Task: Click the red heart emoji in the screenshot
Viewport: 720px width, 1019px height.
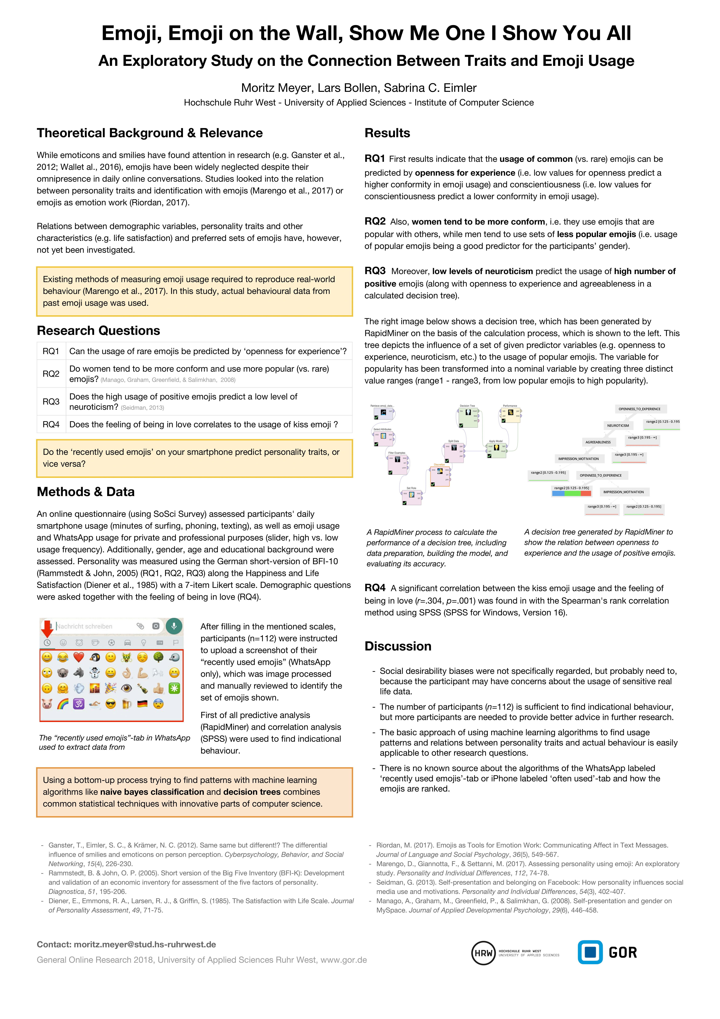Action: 79,657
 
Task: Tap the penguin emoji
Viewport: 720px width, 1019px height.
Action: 95,657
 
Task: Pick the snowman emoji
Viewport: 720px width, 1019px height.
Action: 95,673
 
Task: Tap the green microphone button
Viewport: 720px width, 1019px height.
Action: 174,626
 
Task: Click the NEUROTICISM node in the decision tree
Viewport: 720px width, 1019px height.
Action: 618,426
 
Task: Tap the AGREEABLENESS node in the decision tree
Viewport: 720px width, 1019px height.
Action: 598,442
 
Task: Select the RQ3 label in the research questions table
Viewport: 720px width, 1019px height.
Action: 51,402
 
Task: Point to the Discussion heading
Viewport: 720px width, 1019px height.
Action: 398,646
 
